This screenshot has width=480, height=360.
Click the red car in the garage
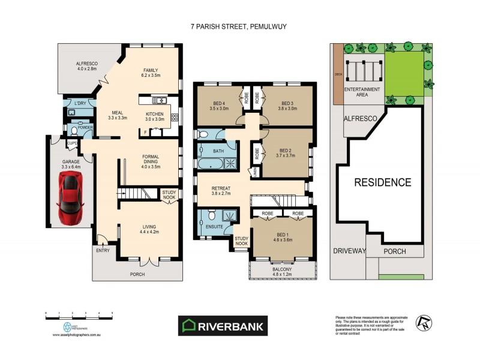click(x=70, y=196)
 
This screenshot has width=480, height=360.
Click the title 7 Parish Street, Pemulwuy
click(x=240, y=26)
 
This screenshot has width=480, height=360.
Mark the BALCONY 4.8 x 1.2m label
click(x=282, y=272)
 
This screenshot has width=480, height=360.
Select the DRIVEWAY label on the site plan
click(x=349, y=251)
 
